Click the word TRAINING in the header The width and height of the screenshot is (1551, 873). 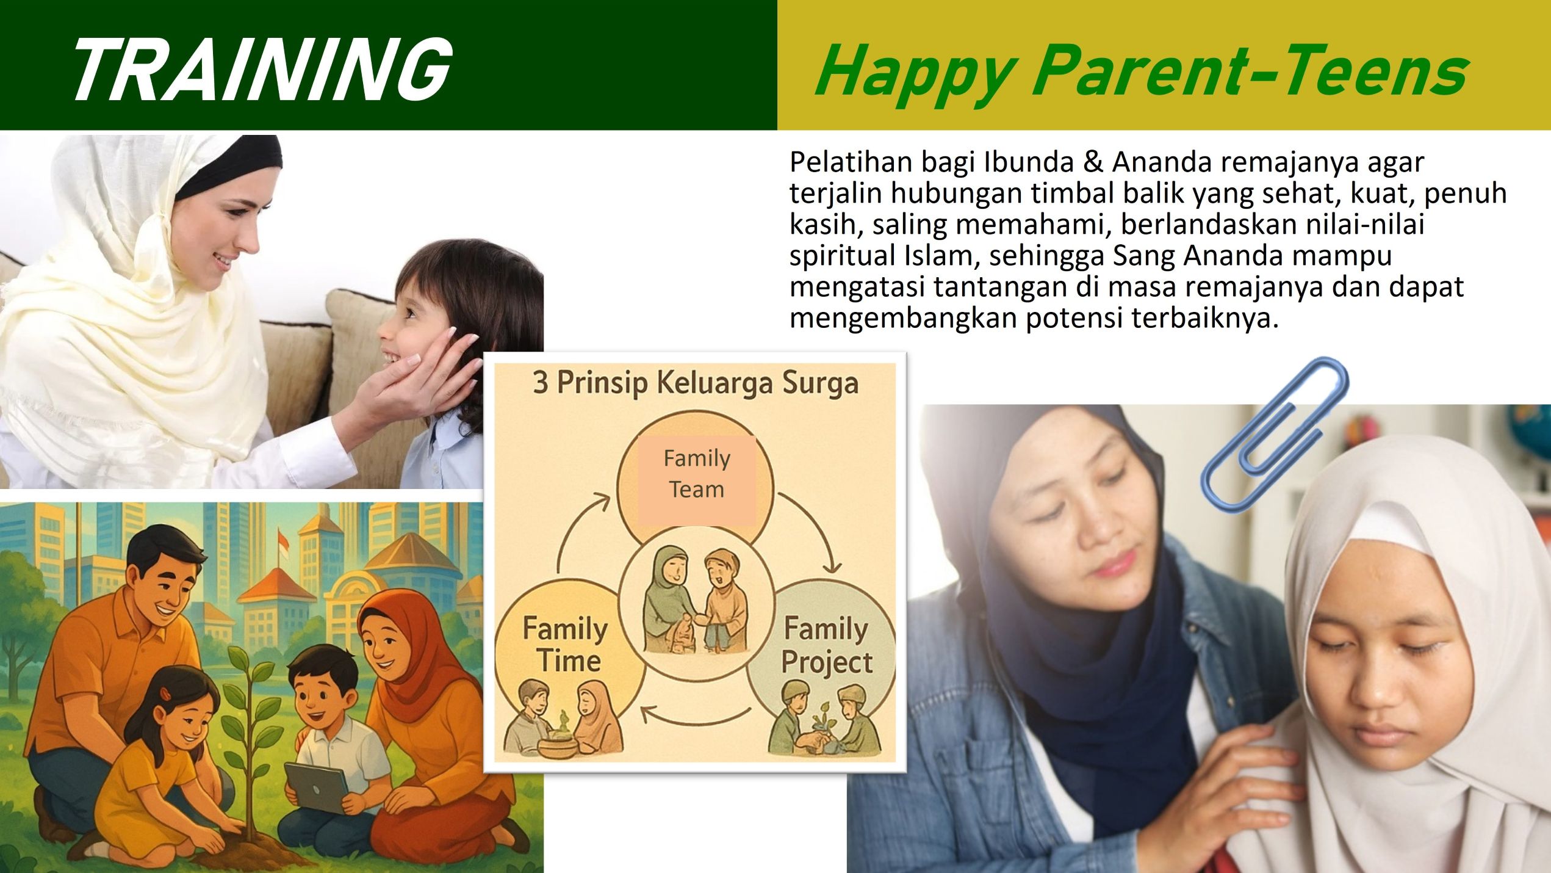click(x=262, y=68)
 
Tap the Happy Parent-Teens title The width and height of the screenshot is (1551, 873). click(x=1142, y=73)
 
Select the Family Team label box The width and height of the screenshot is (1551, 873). click(x=697, y=480)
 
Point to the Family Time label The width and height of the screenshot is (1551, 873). click(x=566, y=645)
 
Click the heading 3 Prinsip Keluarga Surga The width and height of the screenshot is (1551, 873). click(x=696, y=383)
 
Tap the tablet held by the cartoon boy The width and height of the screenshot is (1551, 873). click(x=316, y=788)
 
